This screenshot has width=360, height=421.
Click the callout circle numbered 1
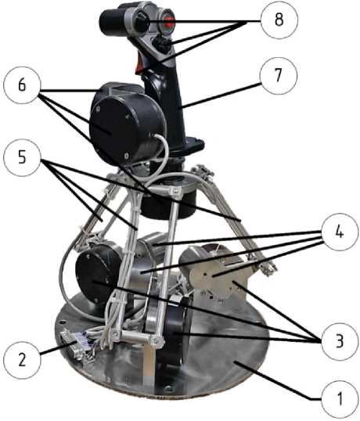(340, 399)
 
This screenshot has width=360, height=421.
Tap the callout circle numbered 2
(22, 359)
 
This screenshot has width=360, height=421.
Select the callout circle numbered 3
(340, 341)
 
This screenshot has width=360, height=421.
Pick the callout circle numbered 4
(340, 232)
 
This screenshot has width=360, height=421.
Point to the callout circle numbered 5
(22, 157)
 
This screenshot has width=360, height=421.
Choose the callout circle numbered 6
(22, 85)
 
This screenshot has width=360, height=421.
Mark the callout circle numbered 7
(279, 75)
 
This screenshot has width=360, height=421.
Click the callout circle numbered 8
(279, 20)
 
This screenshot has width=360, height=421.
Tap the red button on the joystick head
(168, 21)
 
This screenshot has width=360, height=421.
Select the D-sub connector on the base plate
(72, 344)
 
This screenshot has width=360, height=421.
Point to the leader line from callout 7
(221, 95)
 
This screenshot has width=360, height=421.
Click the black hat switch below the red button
(160, 43)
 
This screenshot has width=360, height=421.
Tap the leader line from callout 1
(278, 381)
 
